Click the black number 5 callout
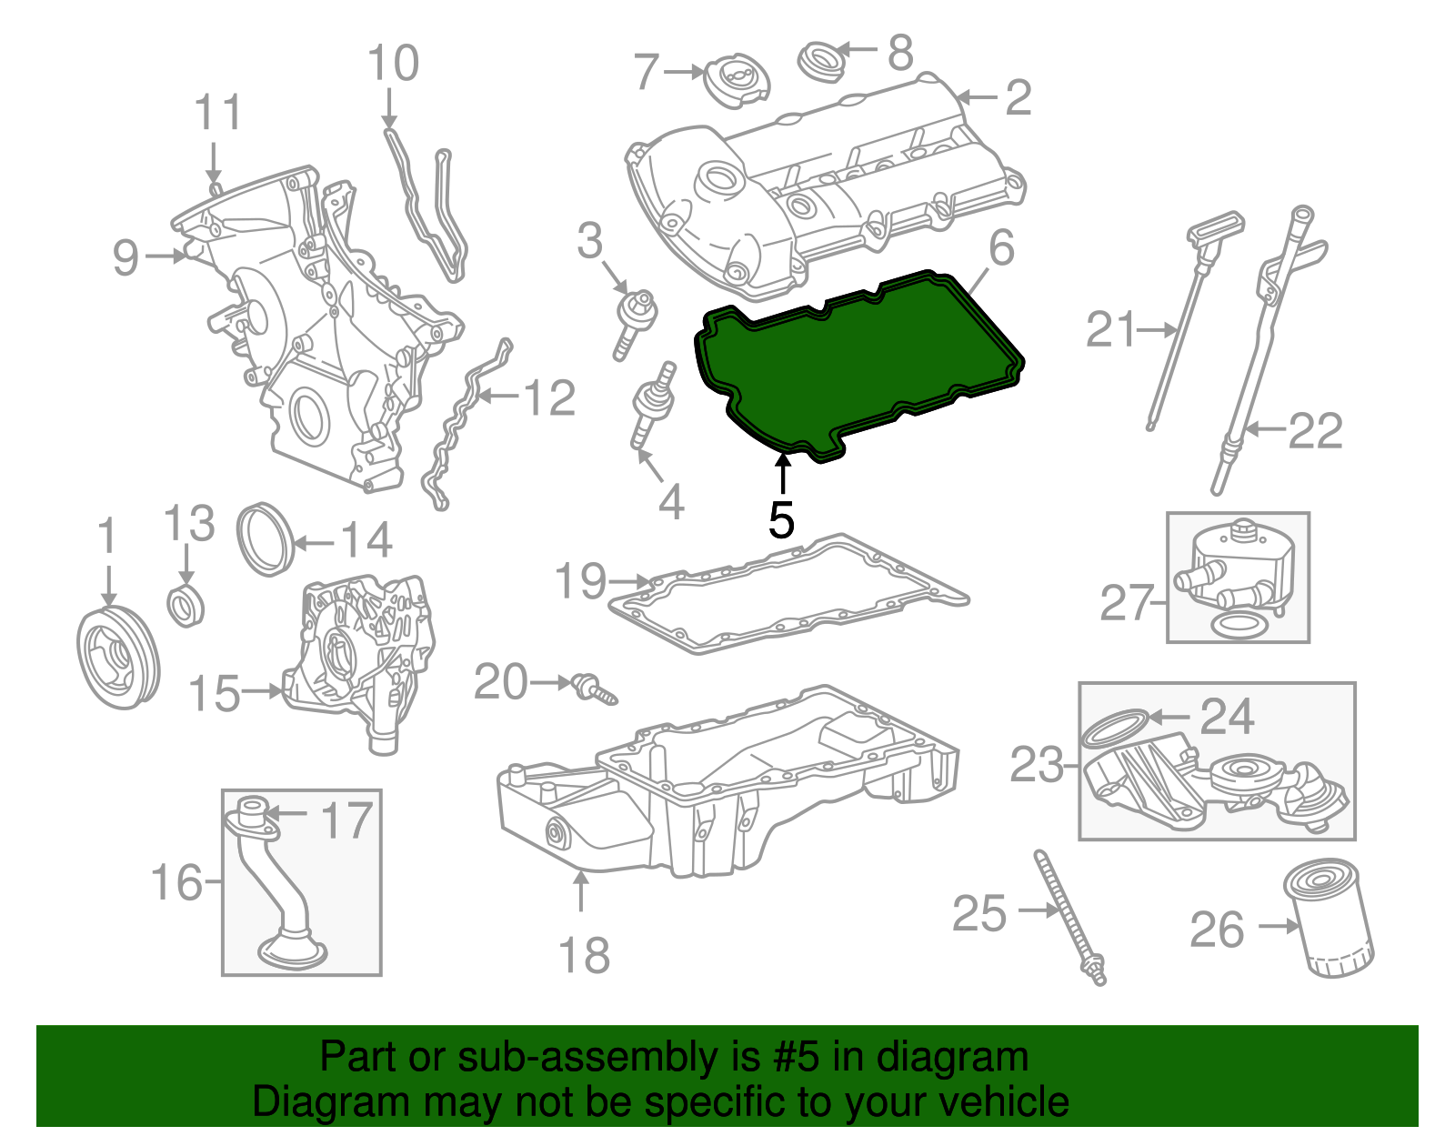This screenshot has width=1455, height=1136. [781, 520]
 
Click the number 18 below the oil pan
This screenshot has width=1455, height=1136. [583, 956]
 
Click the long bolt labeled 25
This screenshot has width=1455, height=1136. [1069, 919]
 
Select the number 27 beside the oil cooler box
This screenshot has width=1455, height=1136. [1127, 603]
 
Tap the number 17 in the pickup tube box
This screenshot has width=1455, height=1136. [346, 820]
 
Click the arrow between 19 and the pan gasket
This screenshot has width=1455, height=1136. [630, 580]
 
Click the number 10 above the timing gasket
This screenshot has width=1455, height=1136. [393, 64]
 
